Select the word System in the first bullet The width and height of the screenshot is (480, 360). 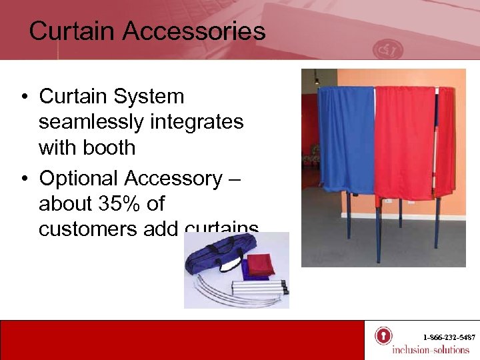coord(154,97)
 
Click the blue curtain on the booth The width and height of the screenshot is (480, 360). coord(345,140)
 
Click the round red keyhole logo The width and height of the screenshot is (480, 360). coord(383,335)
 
